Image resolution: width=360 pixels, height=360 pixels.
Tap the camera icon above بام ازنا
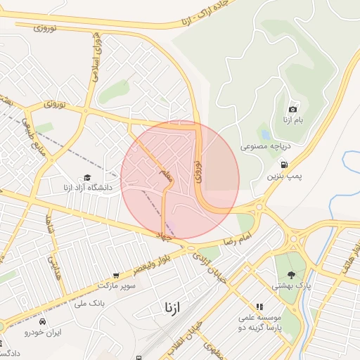tap(292, 109)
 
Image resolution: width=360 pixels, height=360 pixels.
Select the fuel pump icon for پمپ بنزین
tap(283, 165)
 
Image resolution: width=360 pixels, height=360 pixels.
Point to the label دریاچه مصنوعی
tap(264, 147)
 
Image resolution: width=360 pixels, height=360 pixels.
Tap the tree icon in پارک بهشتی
tap(291, 275)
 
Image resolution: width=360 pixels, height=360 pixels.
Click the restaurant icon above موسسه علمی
tap(259, 307)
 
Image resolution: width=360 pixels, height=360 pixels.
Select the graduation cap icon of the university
tap(86, 178)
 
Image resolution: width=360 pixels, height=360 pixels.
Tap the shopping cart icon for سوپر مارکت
tap(115, 276)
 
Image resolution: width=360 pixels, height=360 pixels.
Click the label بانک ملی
tap(89, 304)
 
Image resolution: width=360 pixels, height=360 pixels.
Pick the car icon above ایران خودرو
tap(44, 321)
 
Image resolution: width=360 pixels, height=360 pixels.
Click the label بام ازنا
tap(292, 120)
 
